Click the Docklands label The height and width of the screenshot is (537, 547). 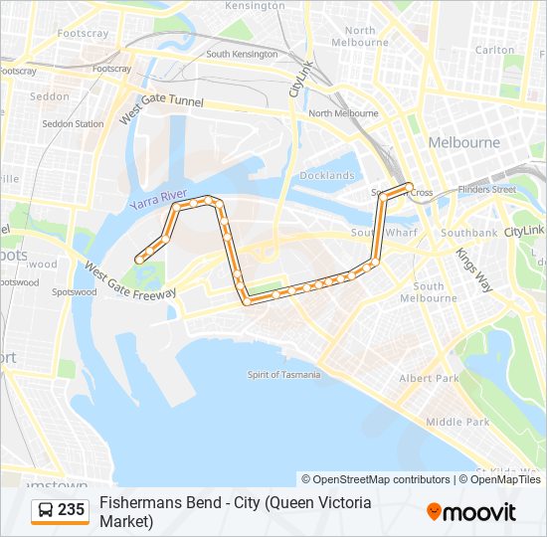(327, 176)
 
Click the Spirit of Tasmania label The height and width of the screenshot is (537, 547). (284, 375)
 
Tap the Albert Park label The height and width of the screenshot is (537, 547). (429, 379)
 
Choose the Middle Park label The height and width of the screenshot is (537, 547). (457, 422)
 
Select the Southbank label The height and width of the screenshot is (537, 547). (468, 233)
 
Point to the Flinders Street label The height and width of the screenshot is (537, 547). (487, 189)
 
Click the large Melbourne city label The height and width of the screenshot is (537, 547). (463, 143)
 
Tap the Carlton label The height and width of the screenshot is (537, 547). (494, 50)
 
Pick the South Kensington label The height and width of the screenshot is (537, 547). (242, 54)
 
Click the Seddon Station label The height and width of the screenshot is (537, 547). (73, 124)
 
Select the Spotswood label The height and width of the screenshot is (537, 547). (75, 292)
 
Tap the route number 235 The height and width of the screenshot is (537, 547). (71, 510)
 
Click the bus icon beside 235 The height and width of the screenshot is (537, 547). (45, 511)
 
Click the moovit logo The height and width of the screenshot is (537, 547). (471, 512)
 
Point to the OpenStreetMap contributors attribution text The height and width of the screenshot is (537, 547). (376, 479)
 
